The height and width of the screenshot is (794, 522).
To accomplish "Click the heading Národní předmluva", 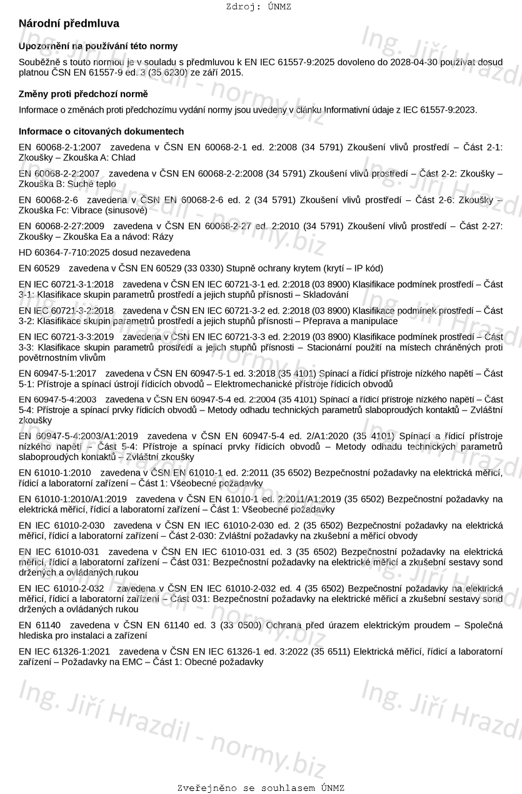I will coord(69,23).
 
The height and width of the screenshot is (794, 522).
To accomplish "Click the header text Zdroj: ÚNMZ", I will coord(259,7).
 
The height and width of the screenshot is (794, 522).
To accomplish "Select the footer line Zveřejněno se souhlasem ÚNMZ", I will coord(261,788).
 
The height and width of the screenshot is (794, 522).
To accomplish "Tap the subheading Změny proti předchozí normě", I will coord(83,94).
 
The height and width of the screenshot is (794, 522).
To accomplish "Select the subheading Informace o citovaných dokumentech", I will coord(101,131).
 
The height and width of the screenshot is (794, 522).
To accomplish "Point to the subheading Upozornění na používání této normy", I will coord(98,46).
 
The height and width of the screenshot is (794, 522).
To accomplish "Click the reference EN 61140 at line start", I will coord(40,624).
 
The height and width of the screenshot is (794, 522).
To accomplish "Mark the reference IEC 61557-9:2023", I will coord(441,109).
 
